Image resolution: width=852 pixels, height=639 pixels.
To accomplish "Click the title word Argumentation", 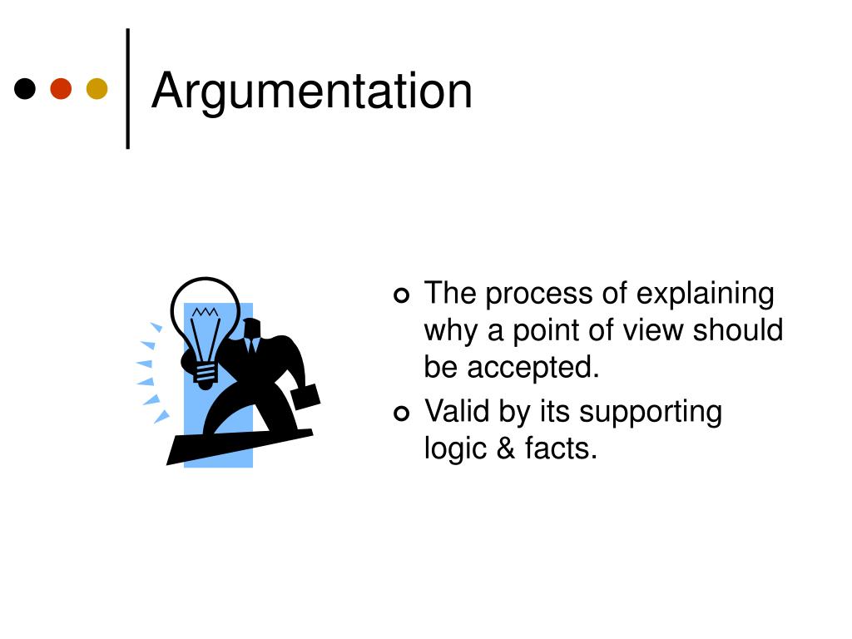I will point(312,91).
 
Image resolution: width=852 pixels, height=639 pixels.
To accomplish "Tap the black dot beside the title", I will point(26,88).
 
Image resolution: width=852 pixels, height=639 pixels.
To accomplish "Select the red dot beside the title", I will point(61,88).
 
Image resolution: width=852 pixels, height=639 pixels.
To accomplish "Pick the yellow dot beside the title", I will point(97,88).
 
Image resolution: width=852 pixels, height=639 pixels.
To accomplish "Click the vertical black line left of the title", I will point(128,88).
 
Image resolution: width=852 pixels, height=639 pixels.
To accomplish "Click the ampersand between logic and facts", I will point(505,448).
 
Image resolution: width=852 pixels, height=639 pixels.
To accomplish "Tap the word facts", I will point(561,448).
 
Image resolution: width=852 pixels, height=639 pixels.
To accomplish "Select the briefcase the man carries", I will point(305,399).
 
